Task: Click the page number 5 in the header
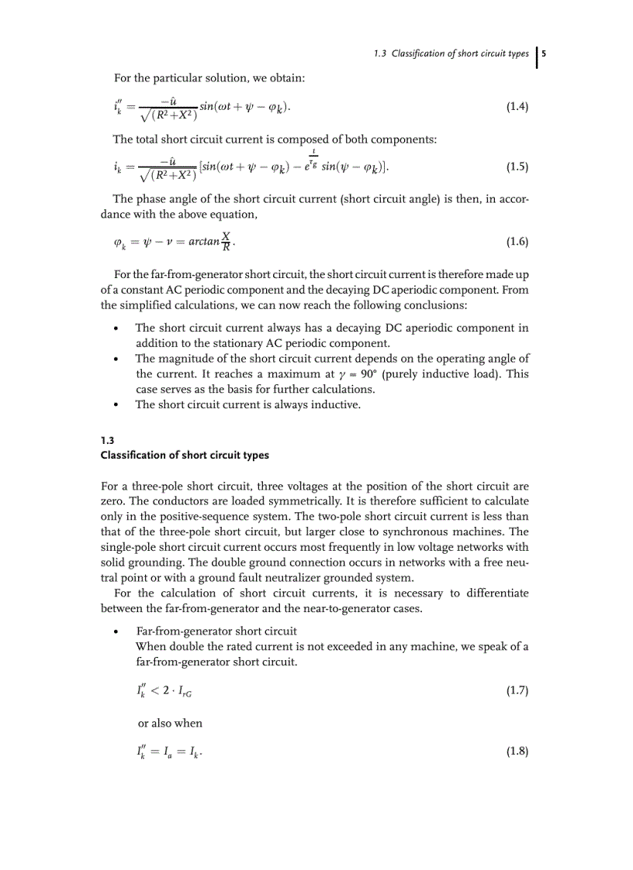[x=544, y=53]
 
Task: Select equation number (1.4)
[x=517, y=107]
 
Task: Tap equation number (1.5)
[x=517, y=167]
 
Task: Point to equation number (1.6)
[x=517, y=242]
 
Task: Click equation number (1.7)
[x=517, y=690]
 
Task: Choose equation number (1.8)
[x=517, y=751]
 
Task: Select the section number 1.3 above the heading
[x=107, y=440]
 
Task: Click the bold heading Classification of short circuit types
[x=185, y=455]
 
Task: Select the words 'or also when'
[x=170, y=723]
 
